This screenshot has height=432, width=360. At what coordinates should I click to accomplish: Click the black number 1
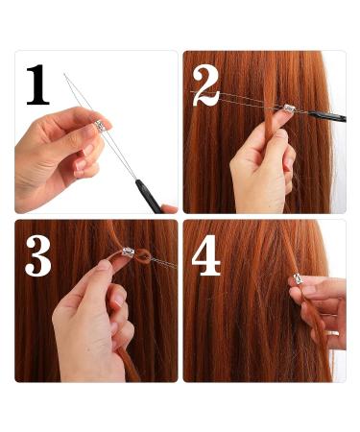[37, 84]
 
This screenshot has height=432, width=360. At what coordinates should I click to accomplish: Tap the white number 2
[205, 85]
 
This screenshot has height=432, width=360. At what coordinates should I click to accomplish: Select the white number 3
[38, 255]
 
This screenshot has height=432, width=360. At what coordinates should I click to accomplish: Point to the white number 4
[205, 255]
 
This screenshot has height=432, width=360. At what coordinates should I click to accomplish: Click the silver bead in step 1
[100, 125]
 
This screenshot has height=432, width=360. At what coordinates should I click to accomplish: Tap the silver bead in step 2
[290, 108]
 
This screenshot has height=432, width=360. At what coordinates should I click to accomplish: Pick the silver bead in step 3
[129, 252]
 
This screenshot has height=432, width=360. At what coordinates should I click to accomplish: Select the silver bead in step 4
[299, 278]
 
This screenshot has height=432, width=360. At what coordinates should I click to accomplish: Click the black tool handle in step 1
[149, 196]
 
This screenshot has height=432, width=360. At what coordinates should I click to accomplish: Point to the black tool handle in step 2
[326, 116]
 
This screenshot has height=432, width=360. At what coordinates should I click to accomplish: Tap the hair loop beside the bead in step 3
[143, 256]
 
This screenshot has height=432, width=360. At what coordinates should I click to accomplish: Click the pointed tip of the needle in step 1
[64, 74]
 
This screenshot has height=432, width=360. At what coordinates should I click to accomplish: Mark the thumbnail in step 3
[104, 265]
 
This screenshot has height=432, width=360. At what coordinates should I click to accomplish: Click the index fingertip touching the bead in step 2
[284, 116]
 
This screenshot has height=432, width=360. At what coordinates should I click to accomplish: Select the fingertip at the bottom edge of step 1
[169, 209]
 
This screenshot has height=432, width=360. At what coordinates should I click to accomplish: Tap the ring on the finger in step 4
[333, 333]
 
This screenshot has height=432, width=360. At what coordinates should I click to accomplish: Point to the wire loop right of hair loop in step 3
[164, 263]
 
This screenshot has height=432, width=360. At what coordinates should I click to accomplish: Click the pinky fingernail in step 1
[78, 174]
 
